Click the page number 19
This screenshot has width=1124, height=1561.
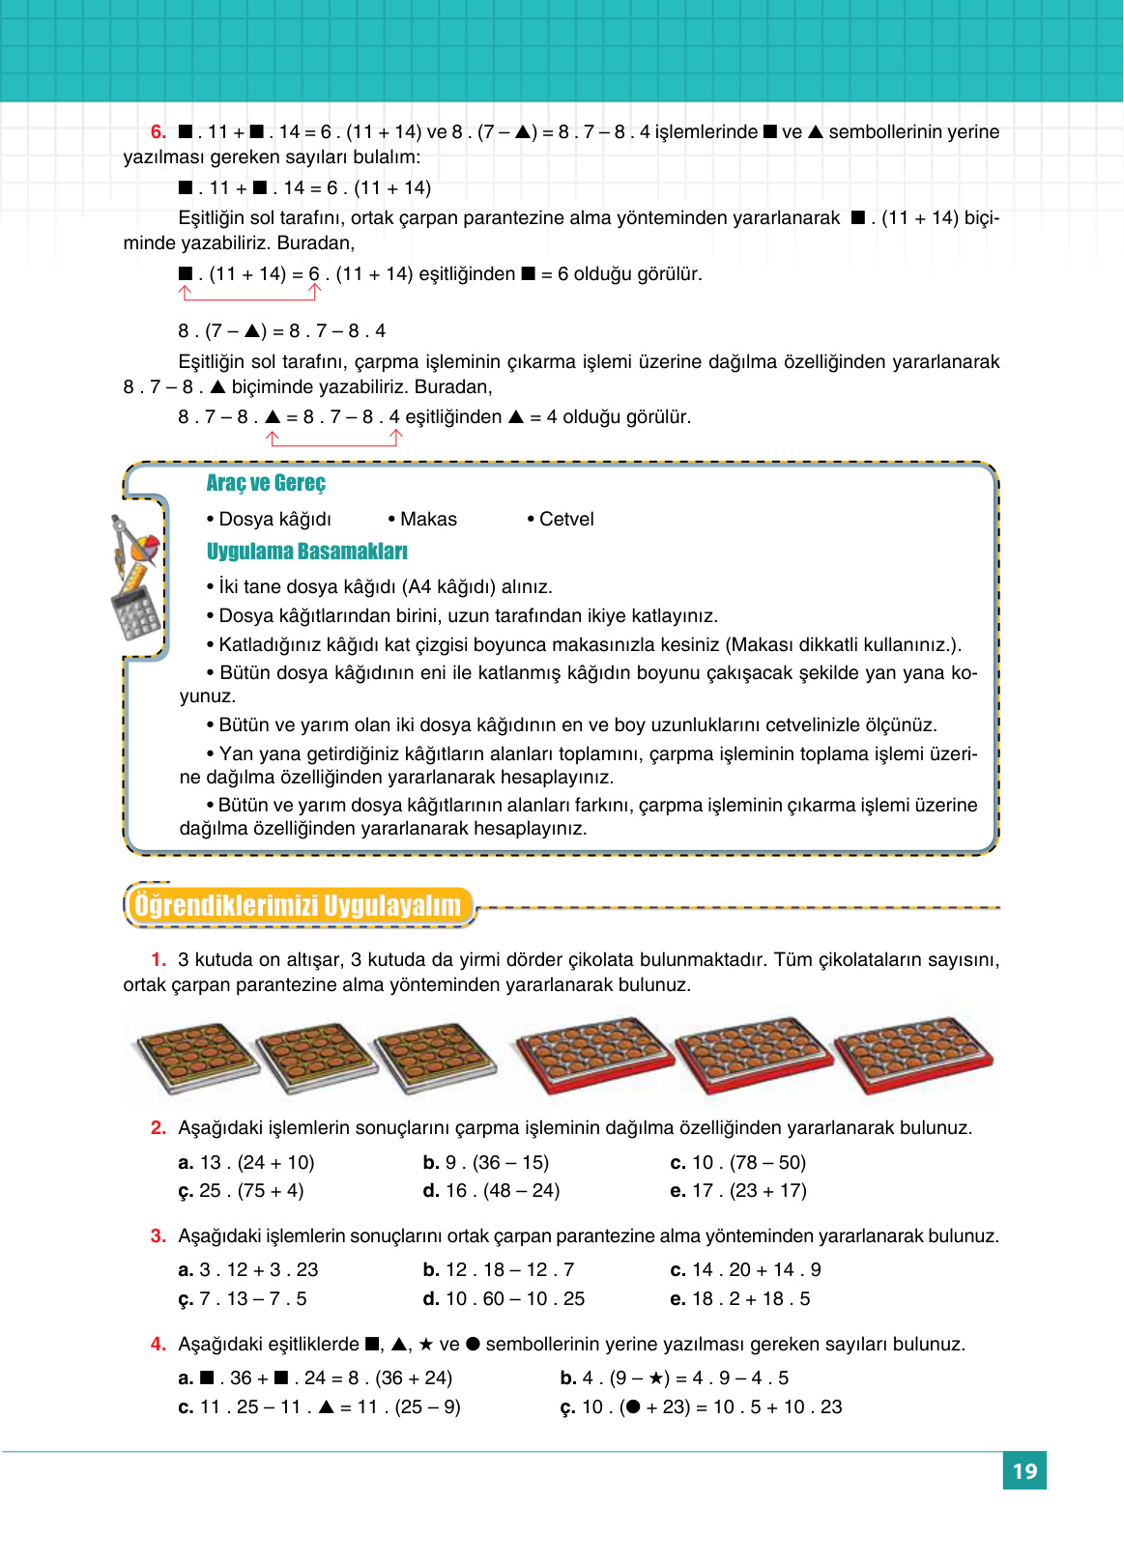coord(1024,1471)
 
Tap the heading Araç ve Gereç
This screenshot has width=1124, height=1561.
coord(266,483)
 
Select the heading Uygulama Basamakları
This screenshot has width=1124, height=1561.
coord(306,552)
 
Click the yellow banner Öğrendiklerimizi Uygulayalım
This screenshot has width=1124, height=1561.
coord(298,906)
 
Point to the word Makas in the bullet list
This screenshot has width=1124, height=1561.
coord(428,520)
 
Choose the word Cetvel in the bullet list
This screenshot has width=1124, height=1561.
coord(566,520)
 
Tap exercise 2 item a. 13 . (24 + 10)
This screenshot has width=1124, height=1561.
coord(247,1163)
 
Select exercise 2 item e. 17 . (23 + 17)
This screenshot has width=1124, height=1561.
coord(738,1191)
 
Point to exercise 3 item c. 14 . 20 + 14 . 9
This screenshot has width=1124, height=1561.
coord(745,1270)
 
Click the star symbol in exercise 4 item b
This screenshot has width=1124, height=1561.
coord(656,1378)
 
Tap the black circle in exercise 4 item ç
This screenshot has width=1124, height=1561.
coord(633,1407)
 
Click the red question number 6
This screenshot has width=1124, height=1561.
coord(159,132)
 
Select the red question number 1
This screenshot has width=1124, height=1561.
coord(159,960)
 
